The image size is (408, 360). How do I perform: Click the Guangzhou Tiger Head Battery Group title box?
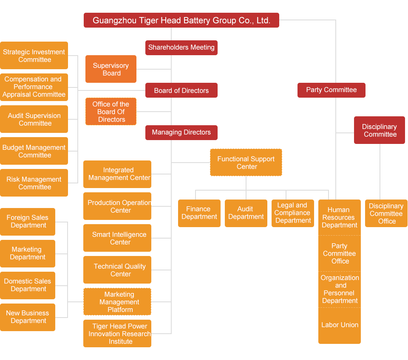click(181, 20)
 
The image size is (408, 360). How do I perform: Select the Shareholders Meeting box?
click(181, 48)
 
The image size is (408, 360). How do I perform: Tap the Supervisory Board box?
click(110, 69)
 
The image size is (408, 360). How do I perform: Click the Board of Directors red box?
click(181, 90)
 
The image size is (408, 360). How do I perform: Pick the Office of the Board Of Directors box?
click(111, 112)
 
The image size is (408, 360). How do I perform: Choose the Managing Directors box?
click(181, 132)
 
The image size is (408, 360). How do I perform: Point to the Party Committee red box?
click(331, 90)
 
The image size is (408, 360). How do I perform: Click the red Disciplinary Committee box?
click(380, 130)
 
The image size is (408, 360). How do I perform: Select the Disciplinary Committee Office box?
click(386, 214)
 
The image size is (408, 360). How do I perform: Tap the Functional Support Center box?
click(246, 163)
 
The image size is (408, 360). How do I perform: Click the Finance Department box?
click(199, 213)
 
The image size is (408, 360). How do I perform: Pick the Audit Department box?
click(246, 213)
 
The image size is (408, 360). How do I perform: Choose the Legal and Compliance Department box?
click(293, 213)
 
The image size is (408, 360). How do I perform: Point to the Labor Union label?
click(340, 325)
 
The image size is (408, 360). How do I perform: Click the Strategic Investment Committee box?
click(34, 56)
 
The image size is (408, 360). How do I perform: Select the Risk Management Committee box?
click(34, 183)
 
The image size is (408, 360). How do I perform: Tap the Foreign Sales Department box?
click(28, 221)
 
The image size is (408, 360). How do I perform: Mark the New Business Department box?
click(28, 317)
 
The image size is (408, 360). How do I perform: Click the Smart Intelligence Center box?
click(117, 238)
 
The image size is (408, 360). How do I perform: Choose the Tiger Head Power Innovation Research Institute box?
click(117, 334)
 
